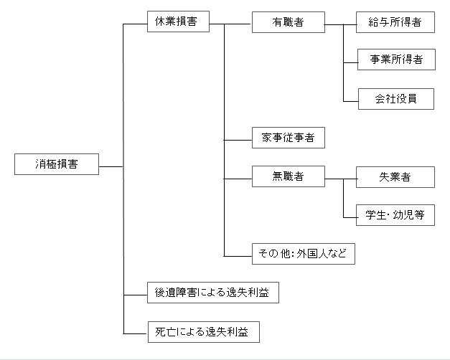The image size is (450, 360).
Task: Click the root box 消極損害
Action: (x=57, y=164)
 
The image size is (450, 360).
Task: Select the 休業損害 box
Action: (x=178, y=22)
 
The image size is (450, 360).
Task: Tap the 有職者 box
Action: (x=289, y=22)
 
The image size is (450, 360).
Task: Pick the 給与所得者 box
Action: (x=395, y=22)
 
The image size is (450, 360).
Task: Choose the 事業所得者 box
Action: (x=396, y=60)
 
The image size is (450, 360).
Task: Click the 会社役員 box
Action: (x=396, y=99)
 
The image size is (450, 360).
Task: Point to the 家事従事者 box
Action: (x=289, y=138)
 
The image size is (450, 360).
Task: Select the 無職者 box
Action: (x=289, y=176)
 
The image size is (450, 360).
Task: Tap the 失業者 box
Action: (x=395, y=177)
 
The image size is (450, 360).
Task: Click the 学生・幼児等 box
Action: (x=395, y=215)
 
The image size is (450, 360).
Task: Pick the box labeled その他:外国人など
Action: (x=304, y=254)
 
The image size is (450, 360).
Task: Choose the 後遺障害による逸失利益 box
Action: (x=213, y=293)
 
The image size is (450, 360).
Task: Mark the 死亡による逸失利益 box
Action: (x=204, y=332)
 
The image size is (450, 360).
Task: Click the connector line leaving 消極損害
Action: (x=111, y=166)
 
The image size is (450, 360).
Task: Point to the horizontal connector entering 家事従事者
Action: (x=238, y=140)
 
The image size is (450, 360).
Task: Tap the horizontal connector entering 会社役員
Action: (x=351, y=101)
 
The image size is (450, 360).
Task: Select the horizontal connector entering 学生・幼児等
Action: (x=350, y=217)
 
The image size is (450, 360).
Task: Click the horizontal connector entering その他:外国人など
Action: (x=238, y=256)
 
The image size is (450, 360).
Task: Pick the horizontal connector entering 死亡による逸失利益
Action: (x=136, y=333)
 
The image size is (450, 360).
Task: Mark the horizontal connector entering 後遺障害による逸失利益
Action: (x=135, y=295)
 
